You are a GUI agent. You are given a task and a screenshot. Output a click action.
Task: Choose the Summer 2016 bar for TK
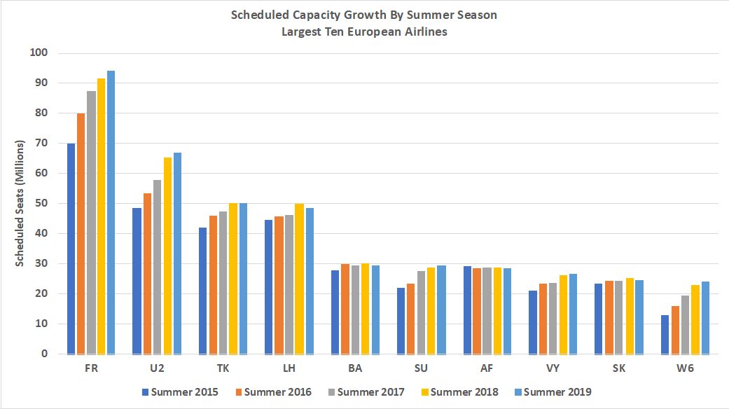click(x=213, y=285)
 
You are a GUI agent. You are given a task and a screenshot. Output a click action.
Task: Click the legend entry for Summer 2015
click(x=180, y=392)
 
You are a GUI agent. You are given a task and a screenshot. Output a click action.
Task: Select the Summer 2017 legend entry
click(x=366, y=392)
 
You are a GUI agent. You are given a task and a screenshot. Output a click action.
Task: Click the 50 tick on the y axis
click(x=41, y=204)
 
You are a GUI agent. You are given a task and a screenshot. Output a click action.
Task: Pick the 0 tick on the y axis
click(x=43, y=354)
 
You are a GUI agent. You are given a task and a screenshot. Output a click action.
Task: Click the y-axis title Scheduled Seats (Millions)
click(x=20, y=203)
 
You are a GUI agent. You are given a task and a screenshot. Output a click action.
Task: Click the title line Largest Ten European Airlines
click(x=364, y=32)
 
